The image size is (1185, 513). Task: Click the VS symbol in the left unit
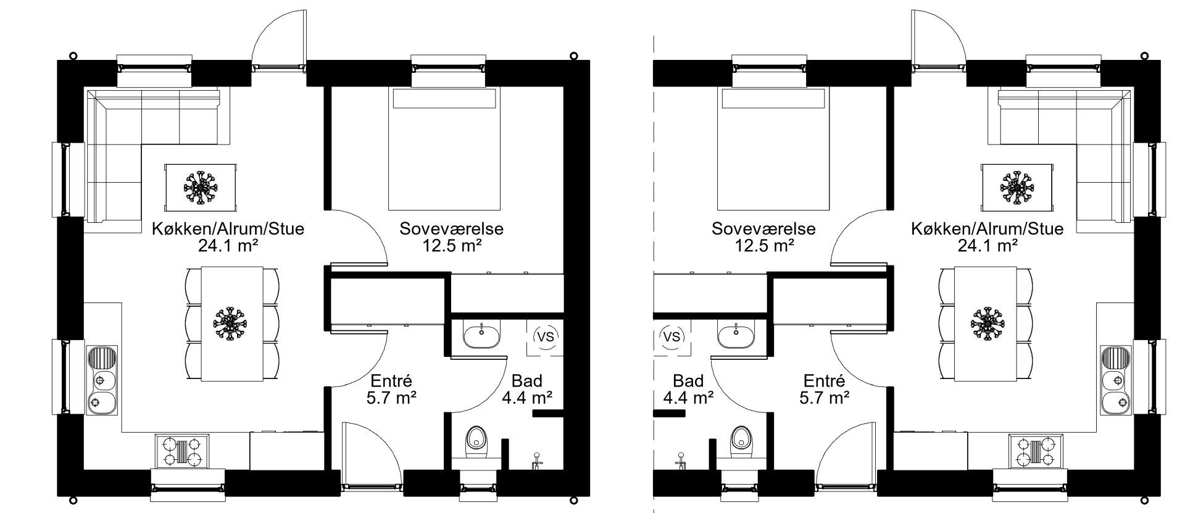click(546, 337)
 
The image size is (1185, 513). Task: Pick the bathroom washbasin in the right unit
click(736, 337)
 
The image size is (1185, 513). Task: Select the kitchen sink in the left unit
click(102, 380)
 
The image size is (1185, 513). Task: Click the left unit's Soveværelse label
click(452, 229)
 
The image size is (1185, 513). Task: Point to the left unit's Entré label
click(391, 382)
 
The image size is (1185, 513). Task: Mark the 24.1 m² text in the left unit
click(228, 246)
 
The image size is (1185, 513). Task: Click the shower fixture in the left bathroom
click(537, 459)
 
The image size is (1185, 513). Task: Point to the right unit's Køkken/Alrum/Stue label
click(987, 229)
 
